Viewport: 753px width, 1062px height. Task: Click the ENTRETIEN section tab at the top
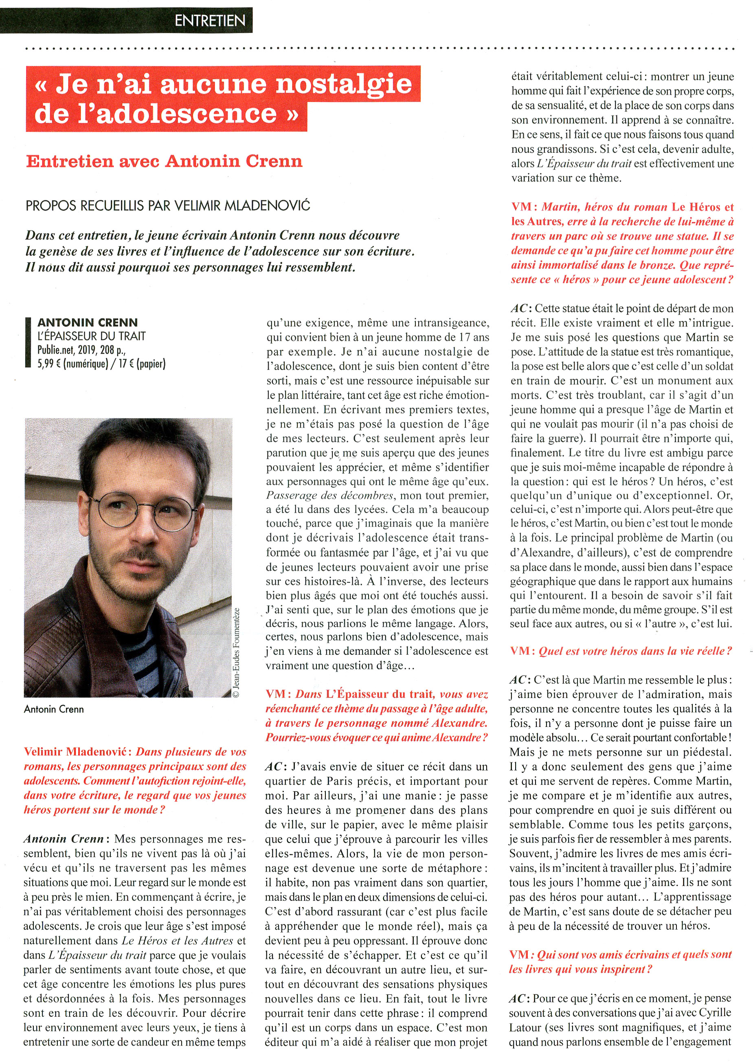[210, 20]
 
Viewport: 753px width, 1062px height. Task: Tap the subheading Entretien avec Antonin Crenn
[164, 161]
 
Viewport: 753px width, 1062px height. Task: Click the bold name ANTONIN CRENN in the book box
[88, 322]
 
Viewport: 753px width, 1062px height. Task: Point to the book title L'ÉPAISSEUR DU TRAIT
[91, 336]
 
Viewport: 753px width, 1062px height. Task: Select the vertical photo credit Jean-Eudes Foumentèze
[236, 653]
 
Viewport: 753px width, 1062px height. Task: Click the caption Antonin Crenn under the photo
[54, 709]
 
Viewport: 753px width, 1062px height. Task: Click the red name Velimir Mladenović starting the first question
[77, 751]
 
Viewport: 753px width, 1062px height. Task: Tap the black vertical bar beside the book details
[28, 342]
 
